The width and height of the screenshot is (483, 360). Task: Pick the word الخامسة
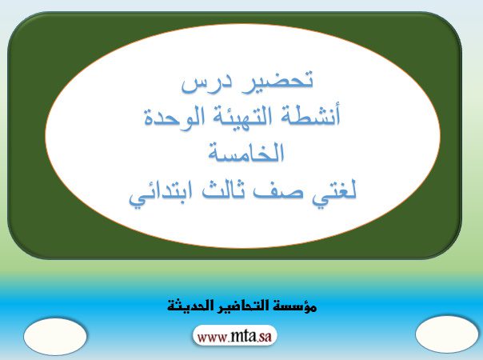coord(245,153)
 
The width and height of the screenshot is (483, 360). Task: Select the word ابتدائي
coord(162,192)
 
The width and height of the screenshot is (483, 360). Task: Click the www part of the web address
coord(212,337)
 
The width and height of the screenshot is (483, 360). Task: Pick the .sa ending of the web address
coord(265,337)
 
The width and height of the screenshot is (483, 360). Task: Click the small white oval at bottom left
coord(55,336)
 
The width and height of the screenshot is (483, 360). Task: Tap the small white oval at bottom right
coord(447,334)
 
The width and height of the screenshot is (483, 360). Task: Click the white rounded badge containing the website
coord(235,336)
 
